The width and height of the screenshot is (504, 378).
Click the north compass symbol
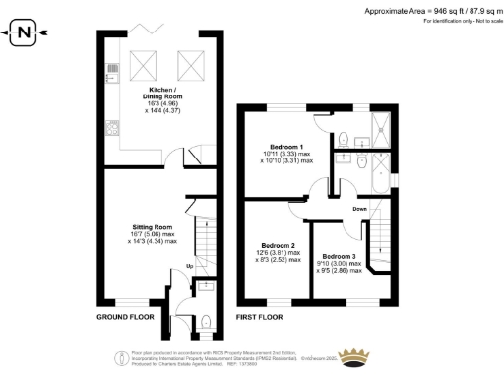point(23,36)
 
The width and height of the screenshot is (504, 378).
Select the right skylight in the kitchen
point(188,67)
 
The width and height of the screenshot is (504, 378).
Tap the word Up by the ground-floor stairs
point(187,267)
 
